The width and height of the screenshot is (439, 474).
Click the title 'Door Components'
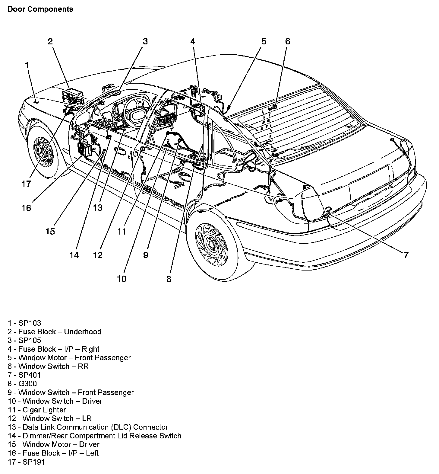click(x=40, y=9)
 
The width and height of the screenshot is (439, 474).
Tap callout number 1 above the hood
click(x=27, y=65)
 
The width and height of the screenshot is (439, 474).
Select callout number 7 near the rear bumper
click(x=406, y=255)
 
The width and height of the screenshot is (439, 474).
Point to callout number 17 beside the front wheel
click(x=27, y=184)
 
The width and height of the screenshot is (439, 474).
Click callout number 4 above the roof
click(x=193, y=41)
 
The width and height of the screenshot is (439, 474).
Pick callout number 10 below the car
click(x=122, y=279)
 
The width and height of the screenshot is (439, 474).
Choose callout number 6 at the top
click(x=287, y=41)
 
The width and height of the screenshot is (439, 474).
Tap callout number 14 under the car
click(x=74, y=255)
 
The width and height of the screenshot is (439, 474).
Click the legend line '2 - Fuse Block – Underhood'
click(x=55, y=332)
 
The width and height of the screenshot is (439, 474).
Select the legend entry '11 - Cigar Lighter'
click(x=37, y=410)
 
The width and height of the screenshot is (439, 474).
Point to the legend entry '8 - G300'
click(x=22, y=384)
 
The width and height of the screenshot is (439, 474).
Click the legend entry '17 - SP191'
click(x=27, y=462)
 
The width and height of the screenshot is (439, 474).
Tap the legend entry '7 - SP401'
click(x=24, y=375)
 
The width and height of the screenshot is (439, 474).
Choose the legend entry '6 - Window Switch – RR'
click(x=48, y=367)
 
